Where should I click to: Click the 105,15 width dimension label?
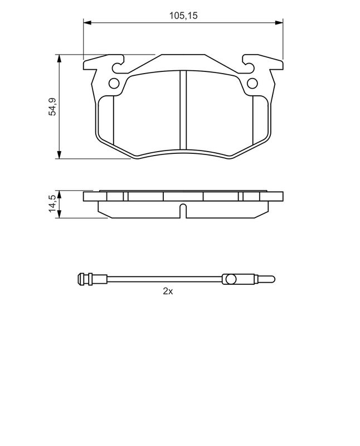coord(183,16)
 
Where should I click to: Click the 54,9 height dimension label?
coord(53,106)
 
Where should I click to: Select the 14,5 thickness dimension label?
coord(53,203)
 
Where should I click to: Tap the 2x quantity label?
coord(168,291)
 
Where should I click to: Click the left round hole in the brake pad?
coord(114,83)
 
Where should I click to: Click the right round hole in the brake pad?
coord(252,83)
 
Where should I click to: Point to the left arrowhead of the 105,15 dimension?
coord(87,22)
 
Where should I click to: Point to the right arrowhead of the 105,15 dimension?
coord(279,22)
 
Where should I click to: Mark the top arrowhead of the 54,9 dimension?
coord(59,59)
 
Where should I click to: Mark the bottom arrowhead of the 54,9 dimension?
coord(59,155)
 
